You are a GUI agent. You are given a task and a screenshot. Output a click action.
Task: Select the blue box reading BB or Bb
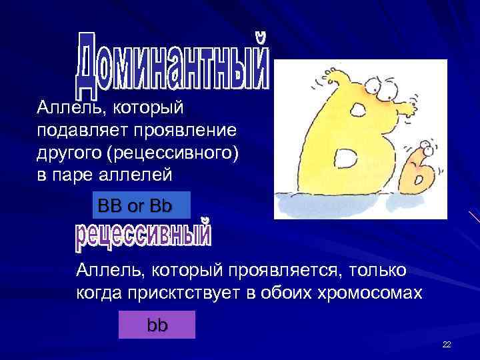[x=135, y=205]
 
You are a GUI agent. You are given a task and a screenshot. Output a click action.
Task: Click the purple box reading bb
[x=157, y=325]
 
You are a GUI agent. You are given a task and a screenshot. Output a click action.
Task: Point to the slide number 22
[x=447, y=344]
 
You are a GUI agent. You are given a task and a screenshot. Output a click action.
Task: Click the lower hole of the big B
[x=350, y=160]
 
